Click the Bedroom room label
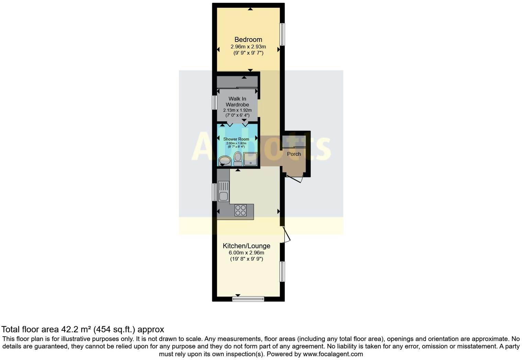[x=248, y=40]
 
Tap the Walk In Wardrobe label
[x=237, y=102]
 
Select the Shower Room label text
[x=236, y=139]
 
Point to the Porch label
[x=294, y=154]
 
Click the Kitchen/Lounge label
[x=247, y=246]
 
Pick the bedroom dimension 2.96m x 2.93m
[x=248, y=47]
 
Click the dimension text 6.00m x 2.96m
[x=247, y=253]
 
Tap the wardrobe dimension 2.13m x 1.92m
[x=237, y=110]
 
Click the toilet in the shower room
[x=238, y=159]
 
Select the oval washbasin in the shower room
[x=225, y=160]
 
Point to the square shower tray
[x=250, y=159]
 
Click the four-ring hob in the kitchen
[x=240, y=210]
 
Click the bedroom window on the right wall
[x=282, y=34]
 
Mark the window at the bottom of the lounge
[x=248, y=299]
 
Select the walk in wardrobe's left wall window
[x=214, y=102]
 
